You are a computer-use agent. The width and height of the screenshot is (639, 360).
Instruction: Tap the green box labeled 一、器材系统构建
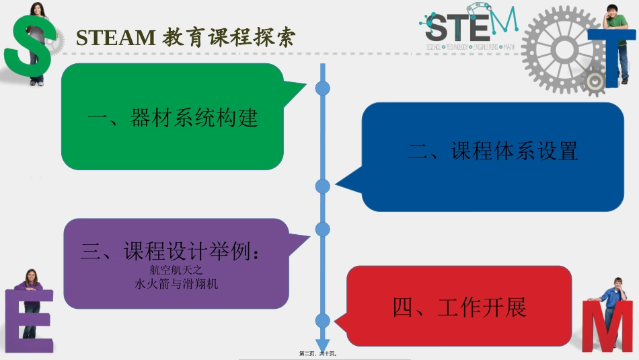point(172,118)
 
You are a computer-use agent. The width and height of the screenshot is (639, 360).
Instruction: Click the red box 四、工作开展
point(459,307)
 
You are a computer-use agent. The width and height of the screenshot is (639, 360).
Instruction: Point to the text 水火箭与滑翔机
point(176,283)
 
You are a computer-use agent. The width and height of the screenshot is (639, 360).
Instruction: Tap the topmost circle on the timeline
point(323,88)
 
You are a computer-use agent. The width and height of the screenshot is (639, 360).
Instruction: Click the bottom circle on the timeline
point(323,321)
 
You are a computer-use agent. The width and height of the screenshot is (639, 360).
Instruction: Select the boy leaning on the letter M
point(612,296)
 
